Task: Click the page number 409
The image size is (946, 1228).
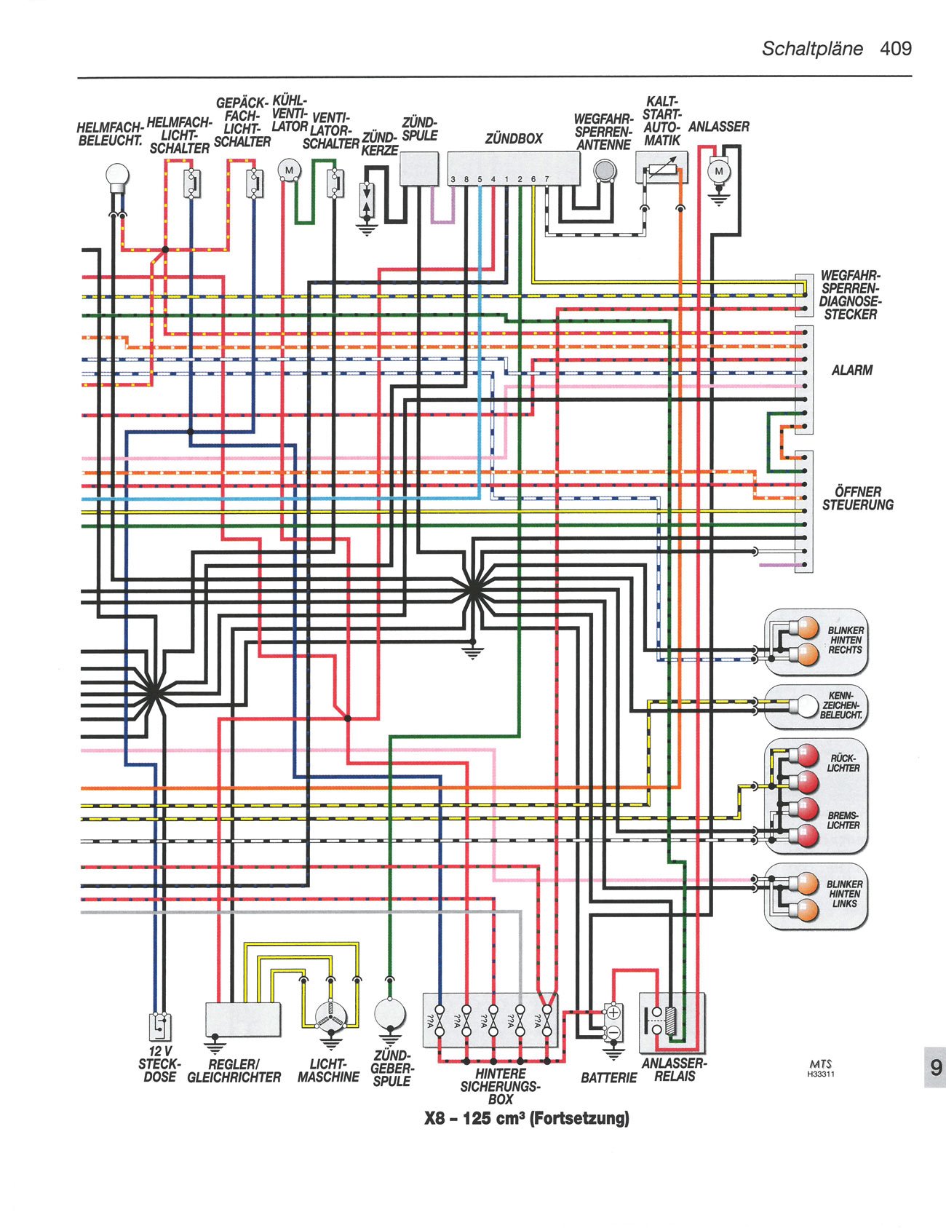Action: pos(895,49)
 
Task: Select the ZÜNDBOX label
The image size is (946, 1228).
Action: pos(514,138)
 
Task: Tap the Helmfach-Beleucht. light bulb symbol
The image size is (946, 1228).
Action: pos(117,175)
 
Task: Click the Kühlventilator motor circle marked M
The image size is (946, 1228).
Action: pos(289,170)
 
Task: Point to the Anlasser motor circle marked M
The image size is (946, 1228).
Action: pos(720,171)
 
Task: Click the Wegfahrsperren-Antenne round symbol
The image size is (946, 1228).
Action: pos(603,170)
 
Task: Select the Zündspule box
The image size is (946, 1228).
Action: pos(419,169)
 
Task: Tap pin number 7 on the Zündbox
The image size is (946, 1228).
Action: pos(546,179)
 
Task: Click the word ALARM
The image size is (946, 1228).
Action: pos(851,370)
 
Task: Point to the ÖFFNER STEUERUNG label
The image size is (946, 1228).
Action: pos(857,499)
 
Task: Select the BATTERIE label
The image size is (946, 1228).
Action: pos(608,1077)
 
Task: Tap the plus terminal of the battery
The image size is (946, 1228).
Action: pos(613,1013)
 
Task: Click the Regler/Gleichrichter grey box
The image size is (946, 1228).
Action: pos(243,1018)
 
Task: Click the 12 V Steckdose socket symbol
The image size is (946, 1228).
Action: pos(160,1027)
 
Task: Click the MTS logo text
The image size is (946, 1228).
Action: pos(820,1063)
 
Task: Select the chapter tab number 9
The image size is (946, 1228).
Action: pos(935,1067)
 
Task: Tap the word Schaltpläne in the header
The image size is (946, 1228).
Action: pos(812,49)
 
